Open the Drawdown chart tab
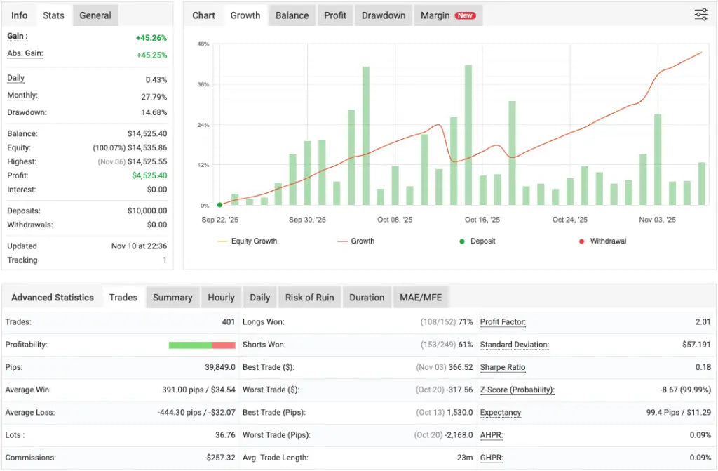point(384,15)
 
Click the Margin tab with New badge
point(447,15)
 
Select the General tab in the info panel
point(95,15)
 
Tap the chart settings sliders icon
point(701,15)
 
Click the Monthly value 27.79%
point(154,97)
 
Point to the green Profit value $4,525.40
point(149,175)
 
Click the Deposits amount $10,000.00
point(147,211)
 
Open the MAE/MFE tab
point(420,298)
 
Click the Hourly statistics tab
point(221,298)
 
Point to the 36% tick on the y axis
point(203,84)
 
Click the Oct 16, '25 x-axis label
point(482,220)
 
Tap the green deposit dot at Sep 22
point(219,205)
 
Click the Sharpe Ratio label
point(503,367)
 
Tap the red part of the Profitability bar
point(224,345)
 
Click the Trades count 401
point(227,322)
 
